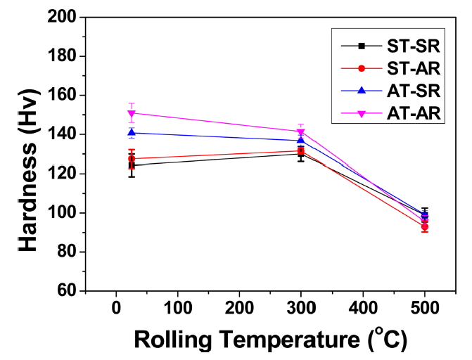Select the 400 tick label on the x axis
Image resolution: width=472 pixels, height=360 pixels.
pyautogui.click(x=363, y=308)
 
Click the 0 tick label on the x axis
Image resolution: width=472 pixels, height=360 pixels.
pyautogui.click(x=116, y=308)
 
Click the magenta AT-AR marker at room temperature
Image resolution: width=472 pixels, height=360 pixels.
pyautogui.click(x=132, y=113)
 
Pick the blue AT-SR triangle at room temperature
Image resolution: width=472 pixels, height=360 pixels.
pyautogui.click(x=132, y=132)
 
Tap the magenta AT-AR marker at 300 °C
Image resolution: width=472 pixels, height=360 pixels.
pyautogui.click(x=301, y=131)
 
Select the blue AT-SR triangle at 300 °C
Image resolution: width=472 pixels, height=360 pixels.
pyautogui.click(x=301, y=140)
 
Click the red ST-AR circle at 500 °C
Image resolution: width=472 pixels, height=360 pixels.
pyautogui.click(x=425, y=226)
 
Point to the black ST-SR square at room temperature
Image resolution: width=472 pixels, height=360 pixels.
pyautogui.click(x=132, y=165)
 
